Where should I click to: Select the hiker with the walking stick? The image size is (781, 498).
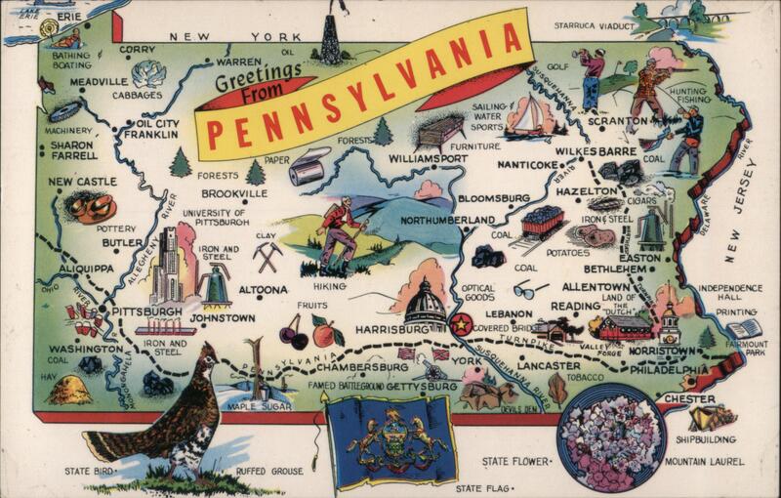click(342, 234)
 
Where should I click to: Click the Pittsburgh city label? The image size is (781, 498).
click(146, 311)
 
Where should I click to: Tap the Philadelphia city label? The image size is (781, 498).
click(669, 369)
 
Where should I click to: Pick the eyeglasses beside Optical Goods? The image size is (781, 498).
click(530, 290)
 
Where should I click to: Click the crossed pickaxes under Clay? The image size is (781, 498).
click(267, 257)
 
